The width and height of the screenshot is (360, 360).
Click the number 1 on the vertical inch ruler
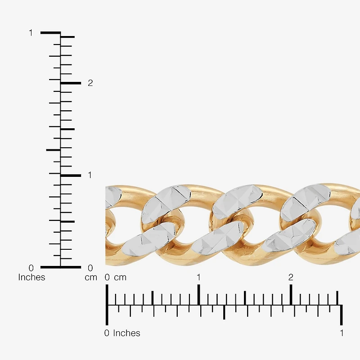click(31, 33)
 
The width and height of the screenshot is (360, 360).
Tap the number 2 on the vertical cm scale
click(90, 83)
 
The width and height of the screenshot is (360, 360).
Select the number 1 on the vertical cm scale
click(90, 175)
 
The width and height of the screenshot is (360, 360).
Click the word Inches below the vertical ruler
click(31, 277)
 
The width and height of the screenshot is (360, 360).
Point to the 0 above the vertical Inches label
click(31, 268)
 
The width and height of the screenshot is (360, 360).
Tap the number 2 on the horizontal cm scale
click(291, 277)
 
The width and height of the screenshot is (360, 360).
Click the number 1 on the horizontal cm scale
click(198, 277)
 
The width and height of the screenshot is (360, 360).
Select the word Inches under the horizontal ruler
click(126, 333)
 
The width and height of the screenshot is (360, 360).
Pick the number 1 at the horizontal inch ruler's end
click(342, 333)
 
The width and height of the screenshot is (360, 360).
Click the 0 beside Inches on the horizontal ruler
click(107, 333)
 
